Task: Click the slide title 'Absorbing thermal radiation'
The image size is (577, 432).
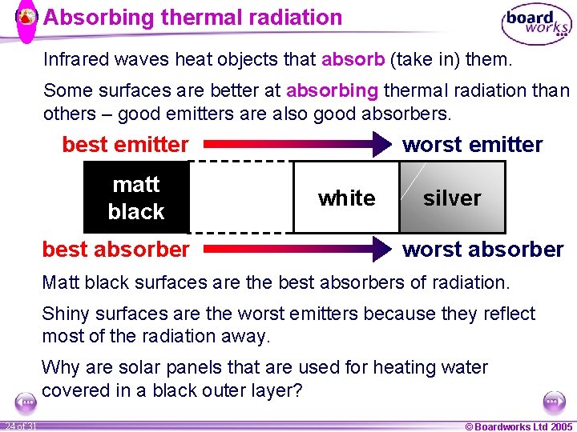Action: [192, 18]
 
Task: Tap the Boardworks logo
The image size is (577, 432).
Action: [536, 25]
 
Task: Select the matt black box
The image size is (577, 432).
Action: [136, 198]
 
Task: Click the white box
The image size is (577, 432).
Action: [346, 198]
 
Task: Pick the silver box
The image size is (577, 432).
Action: [452, 198]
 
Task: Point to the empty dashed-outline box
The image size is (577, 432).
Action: [240, 197]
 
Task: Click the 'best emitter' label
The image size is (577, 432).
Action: [125, 145]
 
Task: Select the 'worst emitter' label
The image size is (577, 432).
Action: [472, 145]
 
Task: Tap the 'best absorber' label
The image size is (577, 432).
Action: [115, 249]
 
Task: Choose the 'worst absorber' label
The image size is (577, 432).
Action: [482, 249]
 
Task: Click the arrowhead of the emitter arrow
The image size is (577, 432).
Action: [377, 145]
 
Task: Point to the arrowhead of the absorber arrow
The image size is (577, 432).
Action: [377, 249]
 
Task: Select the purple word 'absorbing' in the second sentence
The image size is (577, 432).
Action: [331, 90]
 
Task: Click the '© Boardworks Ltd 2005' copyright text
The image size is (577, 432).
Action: [518, 426]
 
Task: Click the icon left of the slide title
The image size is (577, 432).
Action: [26, 17]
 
